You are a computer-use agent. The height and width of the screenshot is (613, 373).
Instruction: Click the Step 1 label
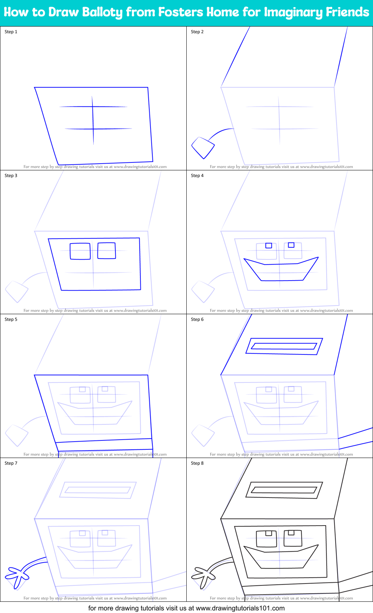(11, 32)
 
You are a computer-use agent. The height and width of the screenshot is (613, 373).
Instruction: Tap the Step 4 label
(197, 176)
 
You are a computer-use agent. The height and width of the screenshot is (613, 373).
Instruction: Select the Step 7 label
(11, 463)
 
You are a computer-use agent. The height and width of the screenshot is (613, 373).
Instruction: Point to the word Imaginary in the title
(293, 12)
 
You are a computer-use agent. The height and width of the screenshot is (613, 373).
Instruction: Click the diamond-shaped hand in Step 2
(203, 148)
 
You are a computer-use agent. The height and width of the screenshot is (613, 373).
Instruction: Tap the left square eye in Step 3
(80, 251)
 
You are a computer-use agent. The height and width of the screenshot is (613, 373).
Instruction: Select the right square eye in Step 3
(106, 251)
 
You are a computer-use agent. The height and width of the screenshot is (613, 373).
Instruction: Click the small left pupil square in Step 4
(268, 245)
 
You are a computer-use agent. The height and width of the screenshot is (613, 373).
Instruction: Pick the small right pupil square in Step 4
(291, 245)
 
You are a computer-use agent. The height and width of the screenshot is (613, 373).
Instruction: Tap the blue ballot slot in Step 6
(284, 346)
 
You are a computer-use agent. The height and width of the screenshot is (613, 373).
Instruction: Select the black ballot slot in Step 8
(284, 490)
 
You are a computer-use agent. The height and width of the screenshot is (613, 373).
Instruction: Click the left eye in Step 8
(267, 538)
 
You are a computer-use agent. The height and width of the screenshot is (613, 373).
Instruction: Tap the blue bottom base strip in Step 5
(104, 445)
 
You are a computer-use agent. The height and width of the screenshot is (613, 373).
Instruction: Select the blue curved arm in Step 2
(220, 133)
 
